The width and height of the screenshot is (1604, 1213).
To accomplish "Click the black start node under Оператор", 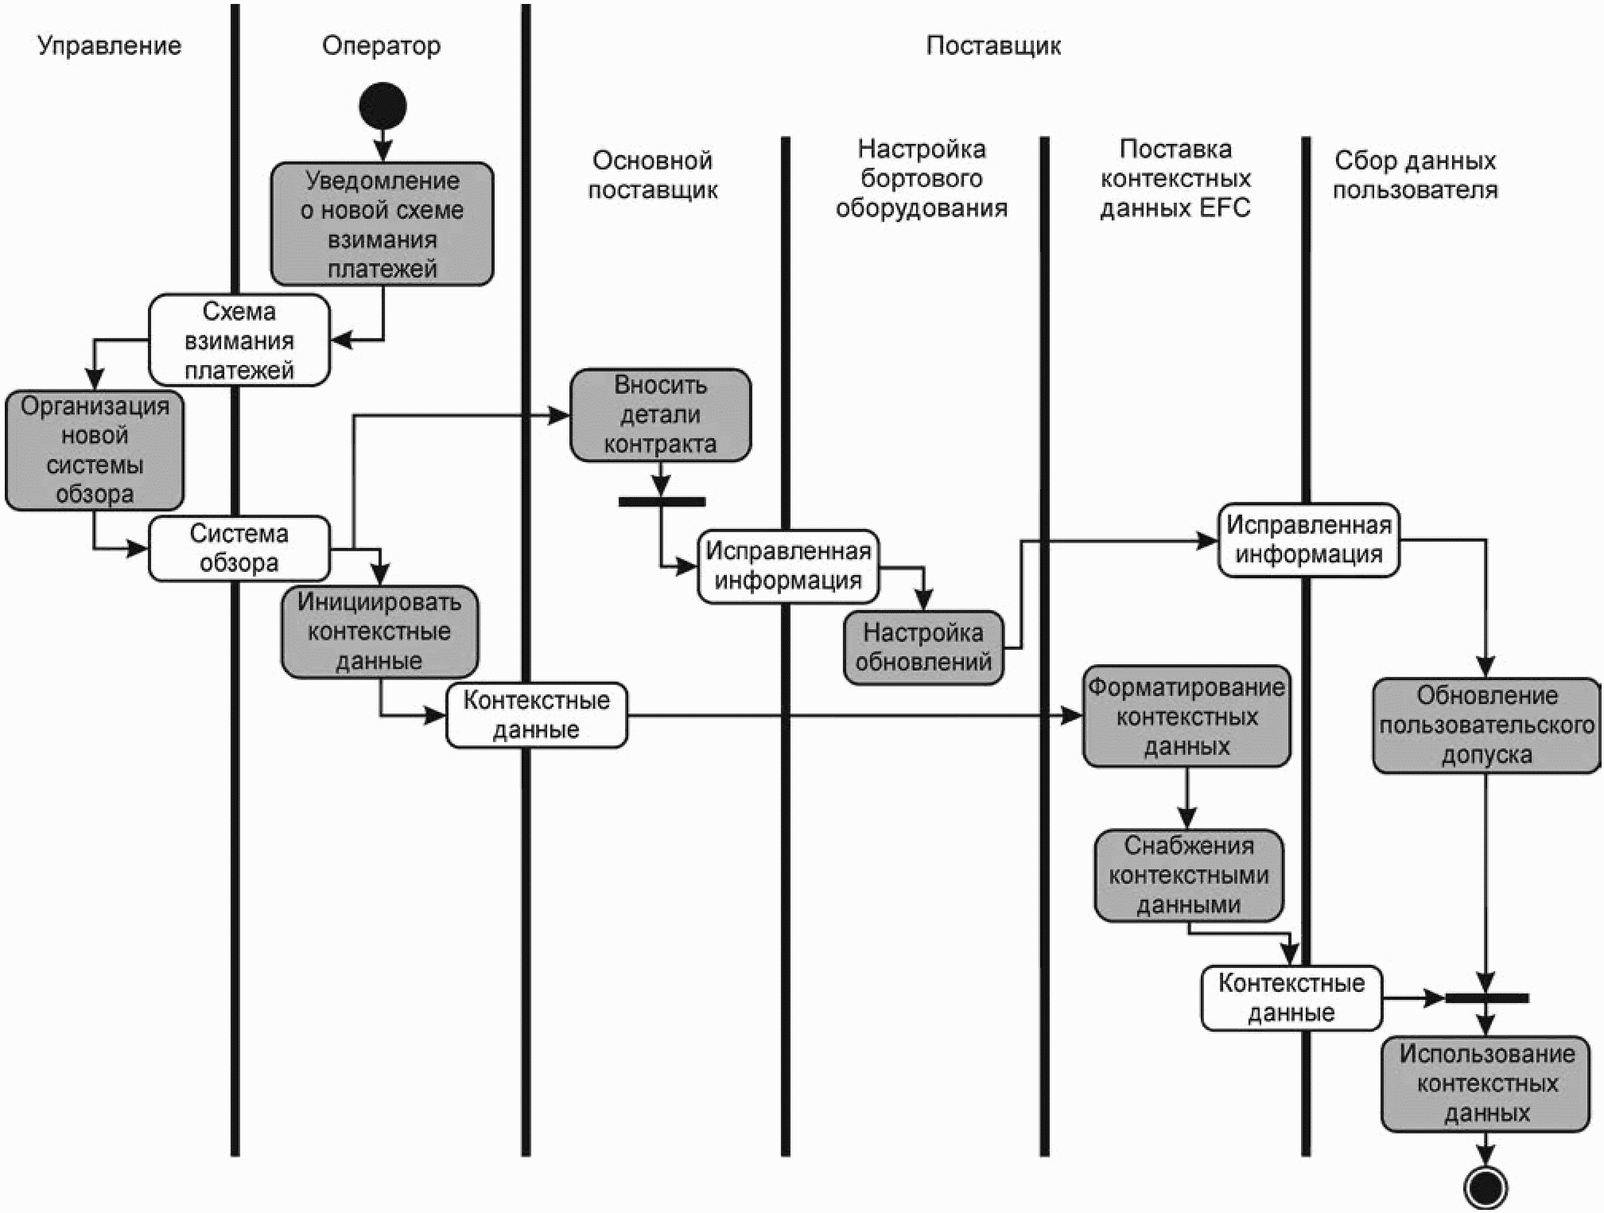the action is tap(383, 106).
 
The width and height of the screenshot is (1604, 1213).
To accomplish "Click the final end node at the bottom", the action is tap(1485, 1188).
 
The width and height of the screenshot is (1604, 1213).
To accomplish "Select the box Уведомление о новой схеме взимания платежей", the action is tap(383, 224).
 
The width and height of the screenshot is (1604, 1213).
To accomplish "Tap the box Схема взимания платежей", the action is tap(239, 340).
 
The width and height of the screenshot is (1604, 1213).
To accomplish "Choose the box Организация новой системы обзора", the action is tap(95, 450).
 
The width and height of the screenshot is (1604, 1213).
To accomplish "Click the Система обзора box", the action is tap(239, 548).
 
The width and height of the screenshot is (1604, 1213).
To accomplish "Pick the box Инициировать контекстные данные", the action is tap(380, 632).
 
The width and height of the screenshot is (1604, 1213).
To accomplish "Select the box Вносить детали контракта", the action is tap(661, 414).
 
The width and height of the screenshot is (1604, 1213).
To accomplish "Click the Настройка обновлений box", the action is tap(923, 647).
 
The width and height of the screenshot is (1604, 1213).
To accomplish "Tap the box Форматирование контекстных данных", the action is tap(1186, 717).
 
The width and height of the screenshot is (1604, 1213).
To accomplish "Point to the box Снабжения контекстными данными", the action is tap(1189, 876).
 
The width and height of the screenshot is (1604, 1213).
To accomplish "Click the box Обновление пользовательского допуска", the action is tap(1486, 725).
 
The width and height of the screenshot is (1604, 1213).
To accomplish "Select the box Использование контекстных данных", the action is tap(1486, 1083).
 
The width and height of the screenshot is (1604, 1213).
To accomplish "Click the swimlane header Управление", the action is tap(110, 45).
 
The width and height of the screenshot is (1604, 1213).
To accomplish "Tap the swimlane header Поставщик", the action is tap(993, 45).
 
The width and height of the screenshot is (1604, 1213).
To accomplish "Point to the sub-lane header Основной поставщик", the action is tap(653, 175).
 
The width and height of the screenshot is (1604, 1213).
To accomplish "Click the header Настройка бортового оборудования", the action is tap(922, 178).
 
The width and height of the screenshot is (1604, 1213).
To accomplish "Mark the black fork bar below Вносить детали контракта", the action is tap(662, 502).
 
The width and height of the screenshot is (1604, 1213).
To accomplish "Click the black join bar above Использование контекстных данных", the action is tap(1486, 997).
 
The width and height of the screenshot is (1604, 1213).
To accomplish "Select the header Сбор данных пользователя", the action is tap(1416, 175).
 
